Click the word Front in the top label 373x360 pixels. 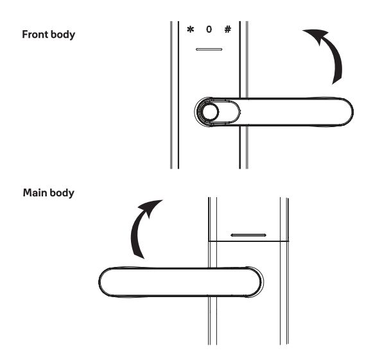(35, 34)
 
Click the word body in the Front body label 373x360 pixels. (63, 35)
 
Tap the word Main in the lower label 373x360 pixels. (35, 193)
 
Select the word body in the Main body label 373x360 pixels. (62, 193)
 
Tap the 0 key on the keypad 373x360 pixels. (209, 30)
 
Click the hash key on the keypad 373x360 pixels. (228, 30)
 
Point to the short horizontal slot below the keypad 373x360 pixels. (209, 49)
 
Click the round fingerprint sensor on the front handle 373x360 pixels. (210, 112)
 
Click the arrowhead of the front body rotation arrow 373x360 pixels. (315, 35)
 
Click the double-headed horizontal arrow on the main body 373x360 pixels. (248, 235)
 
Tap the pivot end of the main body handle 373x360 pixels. (255, 282)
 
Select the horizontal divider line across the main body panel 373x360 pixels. (248, 241)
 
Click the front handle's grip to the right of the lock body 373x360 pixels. (295, 112)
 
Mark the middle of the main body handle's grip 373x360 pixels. (181, 282)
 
